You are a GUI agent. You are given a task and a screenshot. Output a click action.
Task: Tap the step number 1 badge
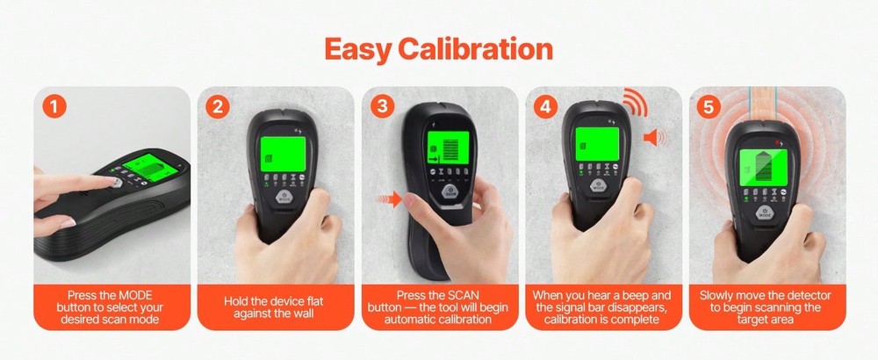[x=54, y=107]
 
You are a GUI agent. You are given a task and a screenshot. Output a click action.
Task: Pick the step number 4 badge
[x=546, y=107]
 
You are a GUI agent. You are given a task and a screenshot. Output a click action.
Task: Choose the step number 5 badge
[x=709, y=107]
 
